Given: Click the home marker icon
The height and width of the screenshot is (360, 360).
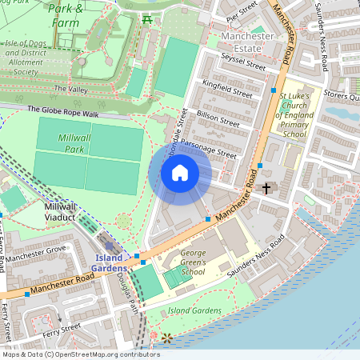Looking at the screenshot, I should click(x=180, y=173).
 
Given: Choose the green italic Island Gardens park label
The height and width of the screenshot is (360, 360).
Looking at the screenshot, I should click(x=194, y=310).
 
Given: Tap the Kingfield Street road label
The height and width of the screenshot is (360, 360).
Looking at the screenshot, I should click(x=227, y=88).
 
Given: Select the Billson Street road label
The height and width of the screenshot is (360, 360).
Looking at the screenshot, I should click(x=219, y=120).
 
